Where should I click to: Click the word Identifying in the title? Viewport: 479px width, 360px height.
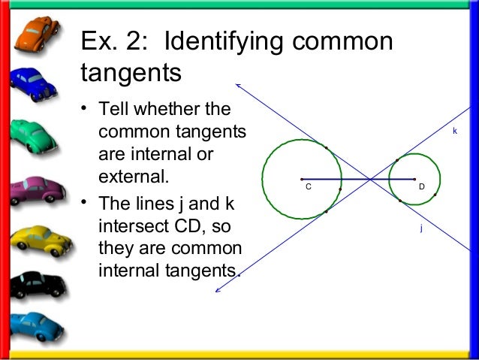click(226, 43)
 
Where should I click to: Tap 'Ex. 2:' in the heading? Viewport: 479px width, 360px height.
click(113, 43)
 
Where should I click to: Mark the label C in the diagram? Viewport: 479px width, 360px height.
click(308, 186)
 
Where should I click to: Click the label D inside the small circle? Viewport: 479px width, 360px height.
click(422, 186)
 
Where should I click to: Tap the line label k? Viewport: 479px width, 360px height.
click(454, 131)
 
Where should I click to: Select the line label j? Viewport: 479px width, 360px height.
click(420, 226)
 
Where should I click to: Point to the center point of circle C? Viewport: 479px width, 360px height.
click(301, 179)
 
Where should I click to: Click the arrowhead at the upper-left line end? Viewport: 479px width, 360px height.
click(236, 84)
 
